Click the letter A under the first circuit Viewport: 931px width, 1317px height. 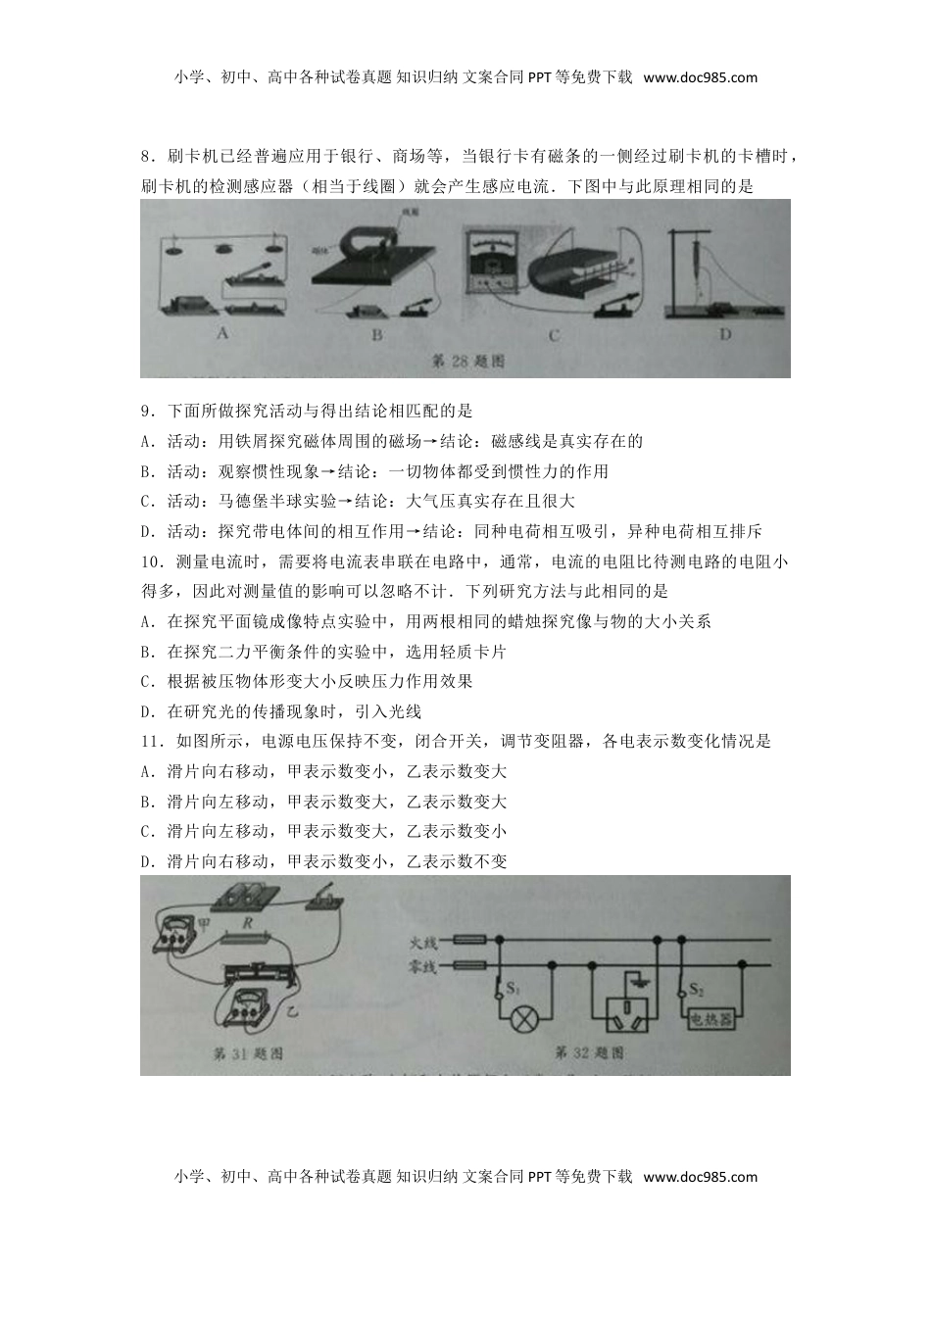click(223, 333)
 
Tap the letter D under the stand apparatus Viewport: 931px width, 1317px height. click(726, 333)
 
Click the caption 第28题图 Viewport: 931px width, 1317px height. click(468, 361)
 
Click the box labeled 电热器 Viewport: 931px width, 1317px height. click(711, 1019)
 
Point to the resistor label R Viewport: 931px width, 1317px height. click(249, 923)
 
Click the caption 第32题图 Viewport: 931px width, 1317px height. click(589, 1053)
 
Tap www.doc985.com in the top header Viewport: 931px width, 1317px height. click(700, 77)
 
